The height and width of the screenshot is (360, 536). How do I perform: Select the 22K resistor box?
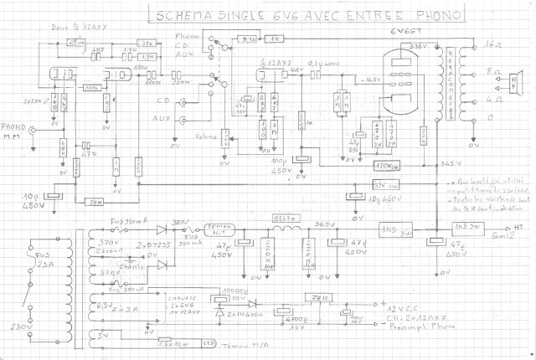coord(95,200)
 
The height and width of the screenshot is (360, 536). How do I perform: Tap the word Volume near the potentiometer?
coord(206,136)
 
